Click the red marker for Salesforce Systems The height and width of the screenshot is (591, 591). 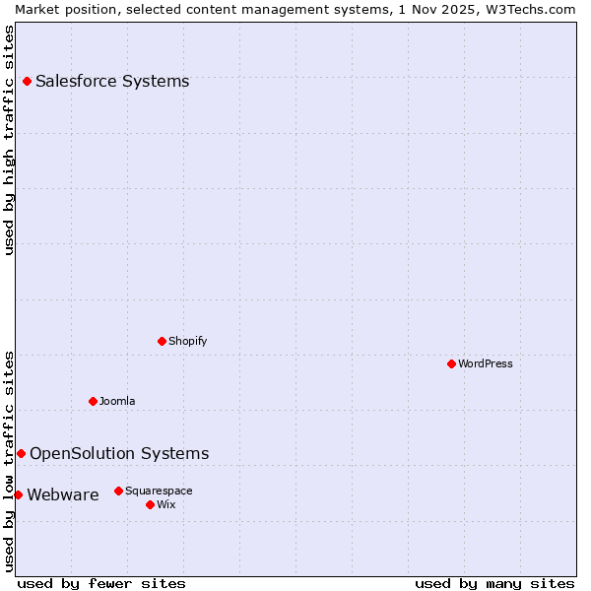[x=27, y=81]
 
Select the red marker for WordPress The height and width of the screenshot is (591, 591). [x=451, y=363]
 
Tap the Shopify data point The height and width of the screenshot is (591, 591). [x=162, y=341]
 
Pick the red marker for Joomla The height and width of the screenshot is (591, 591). [x=93, y=401]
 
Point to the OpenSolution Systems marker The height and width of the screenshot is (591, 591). [x=21, y=453]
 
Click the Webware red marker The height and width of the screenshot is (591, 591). [x=18, y=494]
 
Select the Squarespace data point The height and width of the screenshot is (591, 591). [x=118, y=491]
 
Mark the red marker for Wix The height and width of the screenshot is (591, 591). [x=150, y=504]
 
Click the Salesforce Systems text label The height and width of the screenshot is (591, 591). [x=112, y=81]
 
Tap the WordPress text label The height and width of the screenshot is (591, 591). [x=486, y=363]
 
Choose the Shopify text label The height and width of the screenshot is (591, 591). [x=188, y=341]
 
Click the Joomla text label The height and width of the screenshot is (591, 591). [x=117, y=401]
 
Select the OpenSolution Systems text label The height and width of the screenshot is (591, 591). [x=119, y=453]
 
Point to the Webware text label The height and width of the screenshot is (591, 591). [x=63, y=494]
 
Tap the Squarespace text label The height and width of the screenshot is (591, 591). [x=159, y=491]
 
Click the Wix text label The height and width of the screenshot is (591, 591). [x=166, y=504]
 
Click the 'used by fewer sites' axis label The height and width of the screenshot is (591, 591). [x=101, y=583]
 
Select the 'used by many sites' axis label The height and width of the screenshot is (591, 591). [x=494, y=583]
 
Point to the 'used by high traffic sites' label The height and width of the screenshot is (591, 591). [x=9, y=140]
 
